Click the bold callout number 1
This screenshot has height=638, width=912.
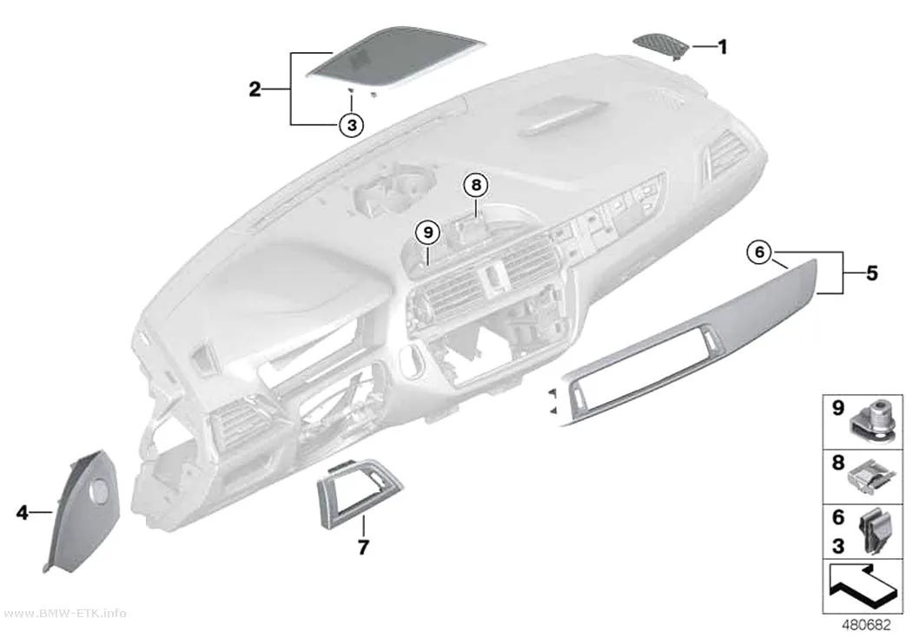[723, 47]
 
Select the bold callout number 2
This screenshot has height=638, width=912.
[254, 89]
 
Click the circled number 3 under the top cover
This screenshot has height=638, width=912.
[351, 124]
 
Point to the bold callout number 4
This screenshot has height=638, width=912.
[22, 512]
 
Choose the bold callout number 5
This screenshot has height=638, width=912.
[871, 273]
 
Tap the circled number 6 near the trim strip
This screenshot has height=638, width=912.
[760, 253]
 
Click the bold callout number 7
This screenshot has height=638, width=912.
[363, 548]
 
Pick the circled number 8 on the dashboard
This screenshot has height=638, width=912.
[476, 186]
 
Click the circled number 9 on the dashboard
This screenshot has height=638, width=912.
[429, 233]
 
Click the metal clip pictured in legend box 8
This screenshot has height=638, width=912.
[870, 477]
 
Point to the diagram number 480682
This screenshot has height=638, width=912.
[866, 625]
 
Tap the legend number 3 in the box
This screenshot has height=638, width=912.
[837, 546]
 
